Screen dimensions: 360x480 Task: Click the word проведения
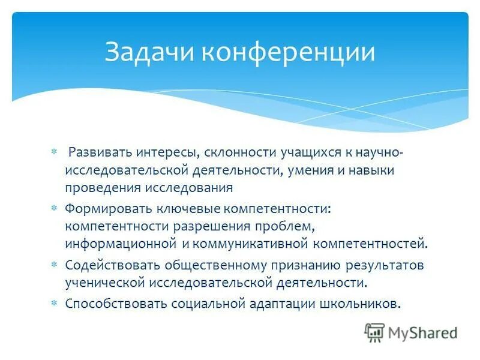click(x=103, y=188)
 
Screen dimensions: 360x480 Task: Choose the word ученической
click(x=103, y=282)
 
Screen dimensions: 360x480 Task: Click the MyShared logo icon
click(x=374, y=332)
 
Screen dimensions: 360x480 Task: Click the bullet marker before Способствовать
click(x=53, y=302)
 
